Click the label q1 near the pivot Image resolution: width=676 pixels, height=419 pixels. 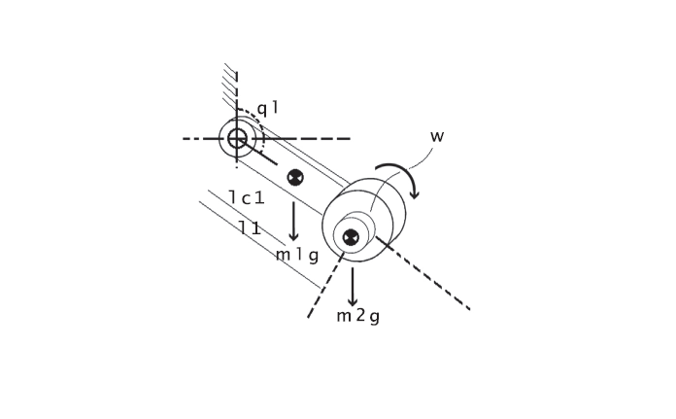tap(267, 108)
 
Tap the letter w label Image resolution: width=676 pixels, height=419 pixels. tap(437, 136)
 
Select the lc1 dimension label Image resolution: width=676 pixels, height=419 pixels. tap(247, 197)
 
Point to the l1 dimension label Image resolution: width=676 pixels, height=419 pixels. tap(250, 228)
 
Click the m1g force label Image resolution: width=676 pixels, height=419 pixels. tap(296, 256)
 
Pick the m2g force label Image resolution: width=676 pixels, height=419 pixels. tap(357, 316)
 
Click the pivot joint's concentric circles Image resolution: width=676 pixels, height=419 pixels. tap(237, 138)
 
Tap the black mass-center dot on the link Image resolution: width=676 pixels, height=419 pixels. tap(295, 178)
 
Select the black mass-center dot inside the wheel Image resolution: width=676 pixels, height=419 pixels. tap(351, 237)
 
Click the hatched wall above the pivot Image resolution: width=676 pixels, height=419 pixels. tap(230, 83)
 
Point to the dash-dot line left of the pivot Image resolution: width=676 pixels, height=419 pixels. tap(199, 138)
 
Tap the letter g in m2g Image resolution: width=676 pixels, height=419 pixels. tap(374, 317)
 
